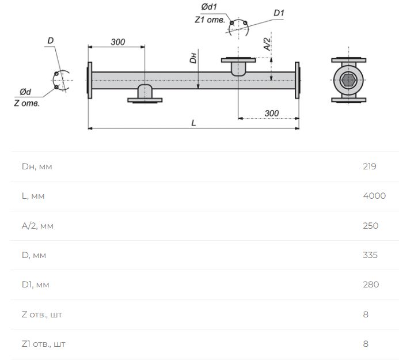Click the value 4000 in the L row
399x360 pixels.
click(374, 195)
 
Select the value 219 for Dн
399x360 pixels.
click(370, 166)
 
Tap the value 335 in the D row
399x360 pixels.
click(370, 255)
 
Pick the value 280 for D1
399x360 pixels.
click(371, 285)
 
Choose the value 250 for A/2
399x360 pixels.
click(371, 226)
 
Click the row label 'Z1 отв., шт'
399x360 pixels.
click(44, 344)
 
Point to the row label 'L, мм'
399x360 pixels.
click(33, 196)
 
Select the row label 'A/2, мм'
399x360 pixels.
click(37, 226)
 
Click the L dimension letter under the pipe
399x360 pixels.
click(193, 123)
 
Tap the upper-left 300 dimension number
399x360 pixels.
click(118, 42)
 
